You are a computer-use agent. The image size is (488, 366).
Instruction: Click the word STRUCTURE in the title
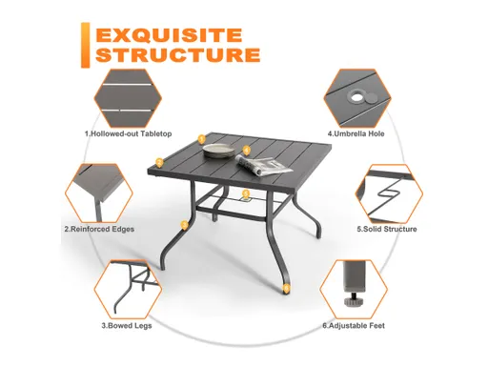click(x=177, y=54)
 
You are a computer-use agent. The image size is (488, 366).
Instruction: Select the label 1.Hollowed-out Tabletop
click(x=129, y=133)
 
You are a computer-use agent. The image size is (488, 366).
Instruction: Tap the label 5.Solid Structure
click(x=387, y=230)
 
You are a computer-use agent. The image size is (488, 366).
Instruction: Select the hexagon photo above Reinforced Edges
click(x=100, y=191)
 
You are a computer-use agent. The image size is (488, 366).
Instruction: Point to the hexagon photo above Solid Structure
click(x=390, y=191)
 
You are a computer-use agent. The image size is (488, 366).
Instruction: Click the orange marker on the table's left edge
click(x=202, y=140)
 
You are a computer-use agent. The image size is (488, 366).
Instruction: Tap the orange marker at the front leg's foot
click(x=282, y=283)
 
